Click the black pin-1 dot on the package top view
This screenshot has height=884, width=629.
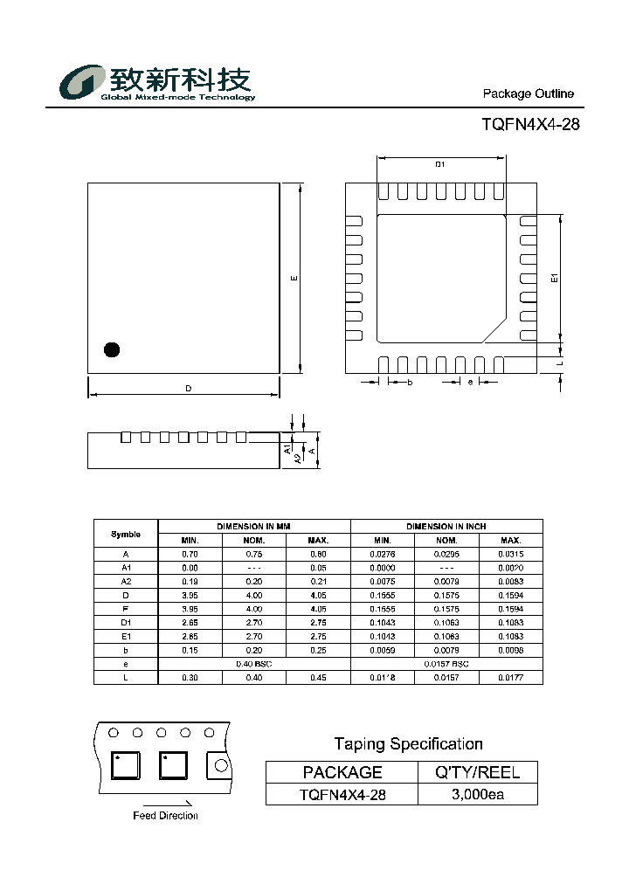coord(111,350)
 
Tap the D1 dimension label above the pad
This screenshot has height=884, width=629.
coord(440,164)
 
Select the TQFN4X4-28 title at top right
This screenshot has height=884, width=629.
coord(530,124)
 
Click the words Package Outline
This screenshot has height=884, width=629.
coord(529,94)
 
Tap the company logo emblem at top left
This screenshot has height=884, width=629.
coord(81,83)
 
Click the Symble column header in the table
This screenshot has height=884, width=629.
coord(126,534)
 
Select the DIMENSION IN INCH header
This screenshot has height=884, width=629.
coord(446,527)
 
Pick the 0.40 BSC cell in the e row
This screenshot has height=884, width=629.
coord(254,665)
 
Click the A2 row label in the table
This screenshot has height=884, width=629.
coord(126,581)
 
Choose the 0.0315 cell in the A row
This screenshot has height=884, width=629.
coord(510,554)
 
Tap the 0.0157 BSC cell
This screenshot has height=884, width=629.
coord(446,665)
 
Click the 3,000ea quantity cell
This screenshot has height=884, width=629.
coord(478,794)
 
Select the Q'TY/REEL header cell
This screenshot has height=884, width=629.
coord(478,772)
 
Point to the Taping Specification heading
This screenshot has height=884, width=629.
coord(408,744)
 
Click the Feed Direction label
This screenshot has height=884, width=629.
coord(165,816)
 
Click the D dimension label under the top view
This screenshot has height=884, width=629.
coord(188,389)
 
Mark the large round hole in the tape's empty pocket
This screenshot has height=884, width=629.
coord(220,765)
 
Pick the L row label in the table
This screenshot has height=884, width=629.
coord(126,678)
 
